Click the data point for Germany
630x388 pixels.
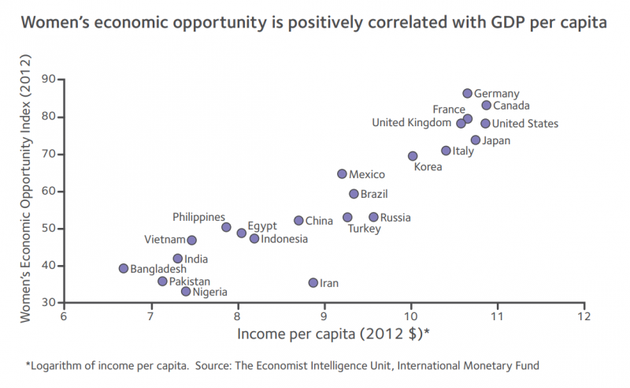tap(467, 93)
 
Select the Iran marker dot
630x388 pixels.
tap(313, 282)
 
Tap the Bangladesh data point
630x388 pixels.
tap(124, 268)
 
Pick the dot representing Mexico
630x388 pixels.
tap(342, 173)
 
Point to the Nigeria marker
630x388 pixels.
tap(186, 292)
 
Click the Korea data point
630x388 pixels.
tap(413, 156)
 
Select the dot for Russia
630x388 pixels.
tap(373, 217)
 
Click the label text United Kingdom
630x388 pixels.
tap(411, 123)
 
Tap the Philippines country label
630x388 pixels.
tap(198, 217)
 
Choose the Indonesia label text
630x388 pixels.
tap(284, 239)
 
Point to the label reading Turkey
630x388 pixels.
tap(364, 229)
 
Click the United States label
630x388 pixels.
tap(525, 124)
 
